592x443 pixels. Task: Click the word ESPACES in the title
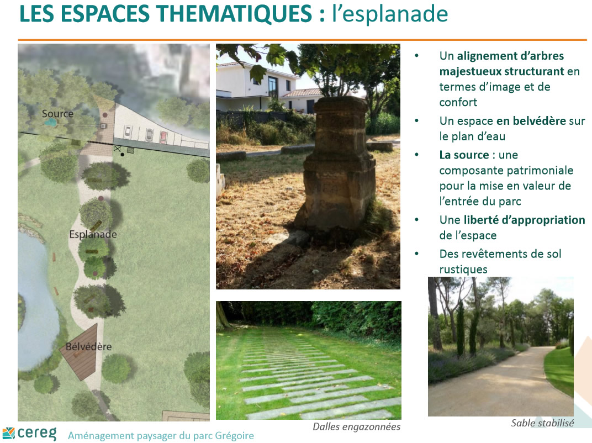tap(105, 14)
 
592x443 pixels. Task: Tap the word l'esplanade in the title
tap(390, 14)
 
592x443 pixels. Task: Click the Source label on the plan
tap(57, 114)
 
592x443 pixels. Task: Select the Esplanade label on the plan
tap(93, 235)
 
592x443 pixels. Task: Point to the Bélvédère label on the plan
tap(89, 346)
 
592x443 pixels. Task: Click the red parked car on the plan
tap(163, 137)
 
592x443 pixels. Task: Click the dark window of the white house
tap(273, 87)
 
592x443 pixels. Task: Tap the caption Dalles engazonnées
tap(356, 427)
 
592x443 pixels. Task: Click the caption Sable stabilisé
tap(542, 423)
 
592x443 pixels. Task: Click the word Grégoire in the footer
tap(235, 436)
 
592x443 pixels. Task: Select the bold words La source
tap(464, 155)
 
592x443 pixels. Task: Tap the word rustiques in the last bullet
tap(463, 269)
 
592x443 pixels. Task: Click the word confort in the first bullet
tap(458, 102)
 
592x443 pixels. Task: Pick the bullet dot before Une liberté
tap(417, 220)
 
